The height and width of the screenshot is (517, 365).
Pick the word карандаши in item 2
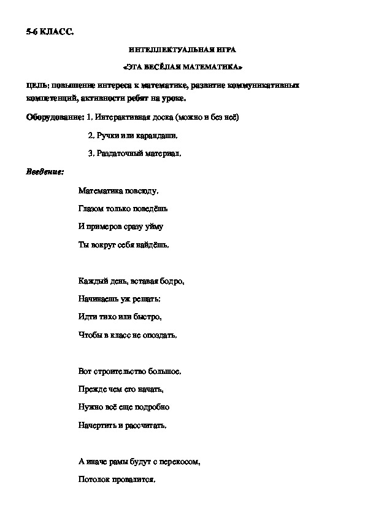[161, 135]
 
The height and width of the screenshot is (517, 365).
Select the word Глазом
[91, 209]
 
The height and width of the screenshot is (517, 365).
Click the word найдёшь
[153, 245]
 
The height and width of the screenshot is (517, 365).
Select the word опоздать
[160, 335]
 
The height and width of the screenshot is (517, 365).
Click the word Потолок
[93, 480]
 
